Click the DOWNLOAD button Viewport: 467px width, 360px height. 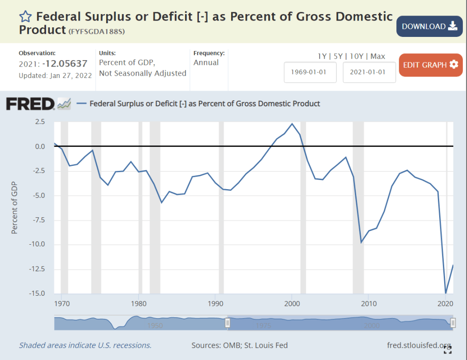click(429, 26)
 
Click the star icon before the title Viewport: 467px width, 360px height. click(26, 17)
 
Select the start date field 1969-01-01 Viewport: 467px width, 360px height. click(310, 72)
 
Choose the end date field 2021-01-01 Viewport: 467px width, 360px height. click(369, 72)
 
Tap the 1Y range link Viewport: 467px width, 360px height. click(322, 57)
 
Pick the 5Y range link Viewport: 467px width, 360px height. click(338, 57)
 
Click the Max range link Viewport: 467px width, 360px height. click(378, 57)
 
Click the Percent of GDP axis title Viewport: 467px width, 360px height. click(14, 208)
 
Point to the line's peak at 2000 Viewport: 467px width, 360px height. click(292, 124)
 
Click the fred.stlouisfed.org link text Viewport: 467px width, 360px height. click(419, 345)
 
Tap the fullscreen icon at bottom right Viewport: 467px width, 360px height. click(448, 350)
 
